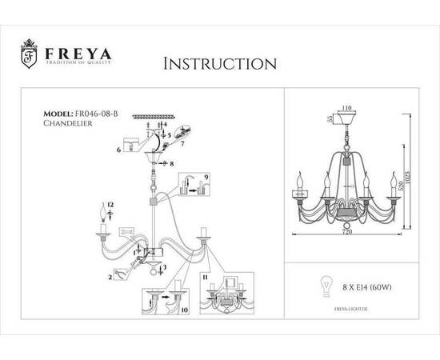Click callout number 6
tap(118, 150)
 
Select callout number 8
tap(171, 163)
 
